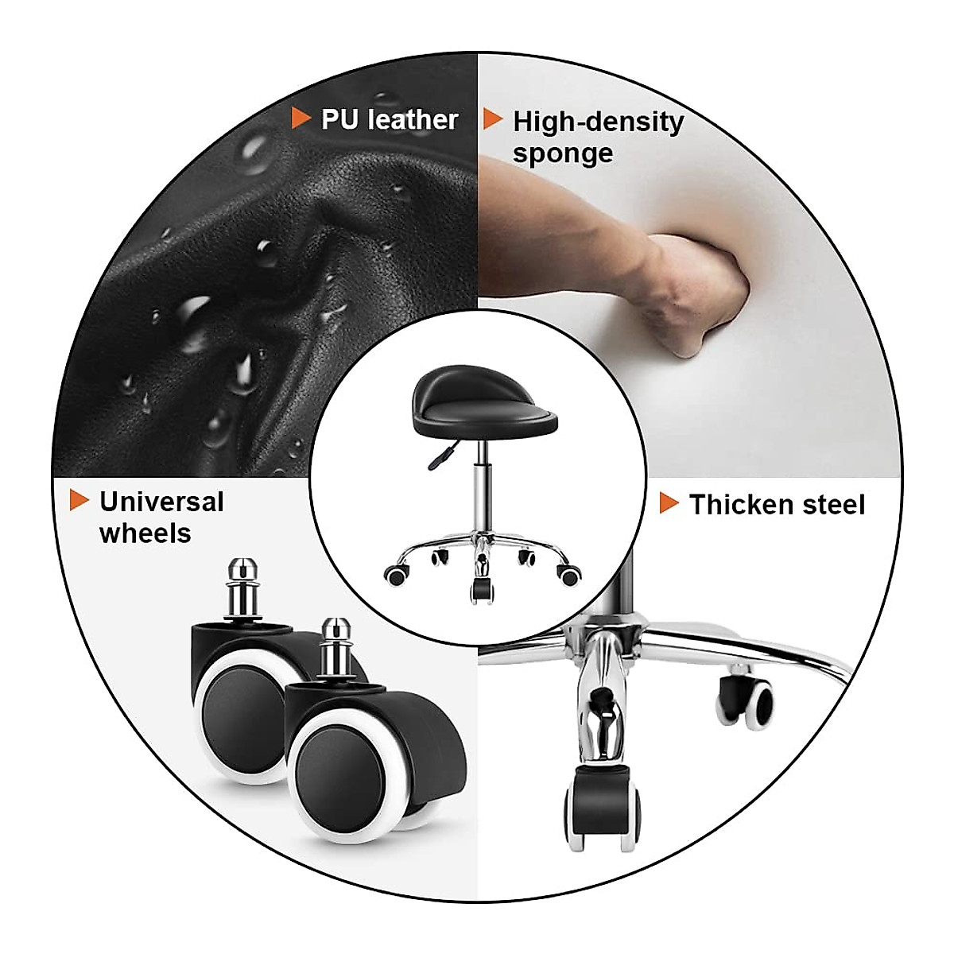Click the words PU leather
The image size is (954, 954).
[x=389, y=119]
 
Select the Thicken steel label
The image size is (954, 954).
[x=777, y=505]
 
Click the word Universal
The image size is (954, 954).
[x=161, y=502]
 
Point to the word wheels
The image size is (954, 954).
[x=145, y=533]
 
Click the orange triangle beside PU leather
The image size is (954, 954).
[x=301, y=118]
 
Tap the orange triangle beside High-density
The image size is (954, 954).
[x=493, y=120]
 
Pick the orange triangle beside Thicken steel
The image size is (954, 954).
[x=669, y=503]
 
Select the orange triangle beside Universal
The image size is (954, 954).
[x=79, y=500]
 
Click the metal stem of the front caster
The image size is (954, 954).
[x=332, y=648]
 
